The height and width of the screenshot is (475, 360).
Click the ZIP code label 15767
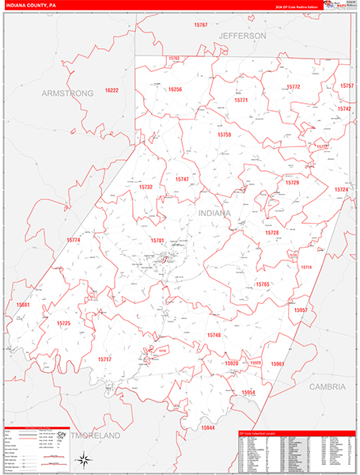pos(200,26)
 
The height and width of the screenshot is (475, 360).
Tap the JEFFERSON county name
pos(243,36)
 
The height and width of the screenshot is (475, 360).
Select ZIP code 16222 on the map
pos(110,91)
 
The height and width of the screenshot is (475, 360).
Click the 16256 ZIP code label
pos(174,89)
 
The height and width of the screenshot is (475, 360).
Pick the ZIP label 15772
pos(293,86)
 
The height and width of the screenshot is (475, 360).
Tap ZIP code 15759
pos(225,135)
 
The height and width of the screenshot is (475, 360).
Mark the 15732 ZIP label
pos(146,187)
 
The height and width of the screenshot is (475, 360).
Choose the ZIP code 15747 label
pos(183,180)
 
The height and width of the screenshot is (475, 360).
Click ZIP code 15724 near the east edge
pos(341,190)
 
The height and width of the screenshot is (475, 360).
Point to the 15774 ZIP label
pos(74,240)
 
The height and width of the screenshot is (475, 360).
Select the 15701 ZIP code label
pos(157,240)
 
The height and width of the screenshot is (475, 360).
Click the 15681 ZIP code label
pos(23,305)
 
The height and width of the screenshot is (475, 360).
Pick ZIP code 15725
pos(63,323)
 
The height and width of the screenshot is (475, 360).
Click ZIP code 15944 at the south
pos(208,427)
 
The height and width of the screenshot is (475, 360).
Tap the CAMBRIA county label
pos(327,387)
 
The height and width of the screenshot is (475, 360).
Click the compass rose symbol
pos(81,458)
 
